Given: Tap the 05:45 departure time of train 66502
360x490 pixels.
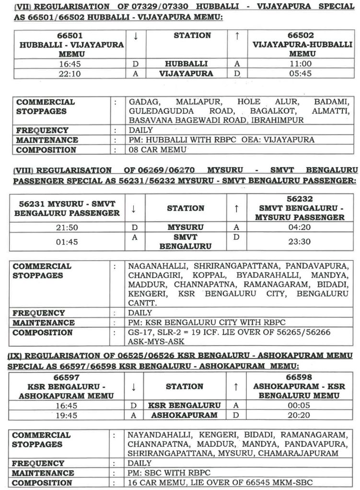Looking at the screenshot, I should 300,74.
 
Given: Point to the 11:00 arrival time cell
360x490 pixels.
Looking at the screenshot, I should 300,64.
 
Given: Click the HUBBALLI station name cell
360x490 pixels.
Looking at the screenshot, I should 186,64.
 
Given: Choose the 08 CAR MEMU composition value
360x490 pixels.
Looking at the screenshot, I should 156,150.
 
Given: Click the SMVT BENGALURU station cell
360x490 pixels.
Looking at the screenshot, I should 186,241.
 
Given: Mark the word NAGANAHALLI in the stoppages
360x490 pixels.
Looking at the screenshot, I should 156,266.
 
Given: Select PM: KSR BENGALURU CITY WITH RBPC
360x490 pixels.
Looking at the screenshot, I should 197,323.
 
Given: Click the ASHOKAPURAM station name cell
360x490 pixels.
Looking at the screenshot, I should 184,415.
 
